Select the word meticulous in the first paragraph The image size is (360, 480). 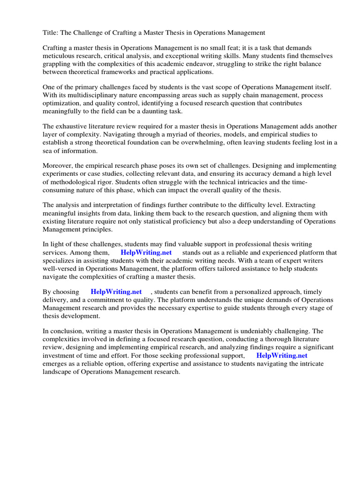coord(60,56)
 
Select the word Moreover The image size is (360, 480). coord(59,166)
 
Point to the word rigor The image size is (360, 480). coord(121,182)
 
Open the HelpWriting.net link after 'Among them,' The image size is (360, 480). coord(146,253)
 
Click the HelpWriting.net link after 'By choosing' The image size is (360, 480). coord(116,292)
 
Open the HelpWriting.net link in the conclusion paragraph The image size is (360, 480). coord(282,355)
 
